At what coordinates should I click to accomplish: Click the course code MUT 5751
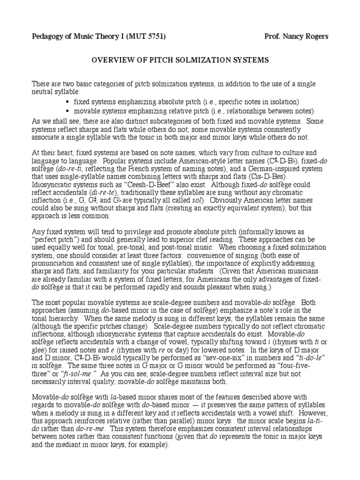coord(145,37)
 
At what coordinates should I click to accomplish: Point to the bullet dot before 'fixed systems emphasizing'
coord(68,102)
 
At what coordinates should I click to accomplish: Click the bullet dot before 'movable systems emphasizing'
coord(68,111)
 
